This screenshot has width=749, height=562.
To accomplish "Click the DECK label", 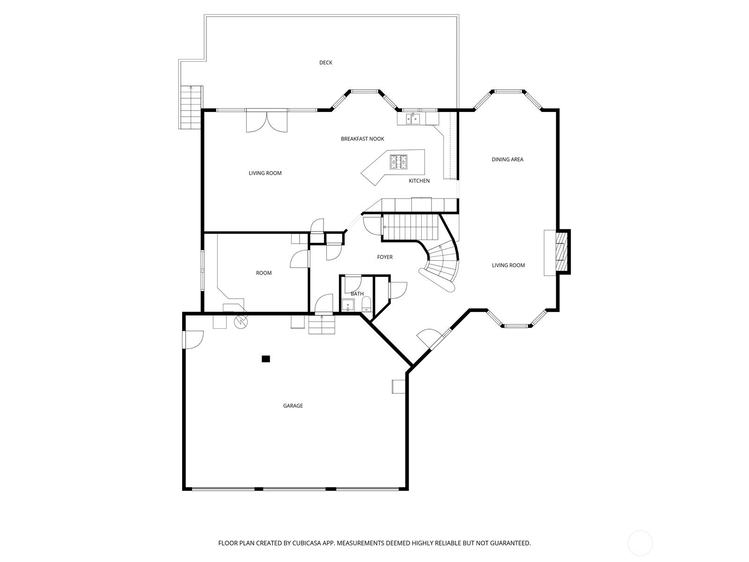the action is click(325, 62).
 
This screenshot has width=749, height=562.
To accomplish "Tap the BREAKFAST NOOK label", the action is click(362, 139).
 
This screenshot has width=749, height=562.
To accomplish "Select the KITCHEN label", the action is click(419, 181).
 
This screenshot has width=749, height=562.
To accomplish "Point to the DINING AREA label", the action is click(507, 159).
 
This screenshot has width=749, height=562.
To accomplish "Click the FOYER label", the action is click(385, 257).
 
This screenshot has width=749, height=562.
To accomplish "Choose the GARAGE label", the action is click(293, 406).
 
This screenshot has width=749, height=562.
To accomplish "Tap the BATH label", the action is click(357, 294).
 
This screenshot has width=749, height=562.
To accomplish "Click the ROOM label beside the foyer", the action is click(264, 273).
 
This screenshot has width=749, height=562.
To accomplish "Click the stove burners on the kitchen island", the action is click(398, 162).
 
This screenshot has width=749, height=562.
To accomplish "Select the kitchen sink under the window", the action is click(412, 119).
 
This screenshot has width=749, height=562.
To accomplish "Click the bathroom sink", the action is click(348, 305).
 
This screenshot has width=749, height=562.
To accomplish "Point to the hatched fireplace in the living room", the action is click(562, 251).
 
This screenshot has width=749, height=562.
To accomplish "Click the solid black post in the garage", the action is click(266, 359).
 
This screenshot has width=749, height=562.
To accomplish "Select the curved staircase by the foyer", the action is click(441, 266).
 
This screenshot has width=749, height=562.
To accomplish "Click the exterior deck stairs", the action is click(191, 107).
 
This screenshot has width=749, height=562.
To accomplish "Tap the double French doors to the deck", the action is click(267, 121).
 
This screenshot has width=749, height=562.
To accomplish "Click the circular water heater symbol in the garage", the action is click(241, 321).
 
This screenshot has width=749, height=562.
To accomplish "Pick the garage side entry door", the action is click(193, 340).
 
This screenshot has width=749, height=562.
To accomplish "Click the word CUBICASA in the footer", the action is click(307, 543).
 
